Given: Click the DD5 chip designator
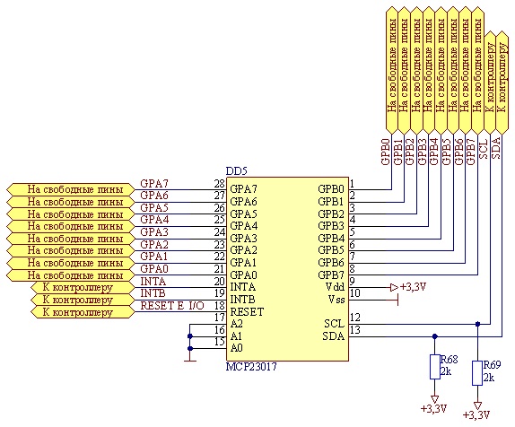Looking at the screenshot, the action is pos(237,171).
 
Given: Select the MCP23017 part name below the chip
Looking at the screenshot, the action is pos(251,366).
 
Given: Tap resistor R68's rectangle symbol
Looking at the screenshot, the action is pos(435,367).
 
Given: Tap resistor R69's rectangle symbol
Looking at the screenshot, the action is pos(477,373).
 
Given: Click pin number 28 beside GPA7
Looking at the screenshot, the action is pos(220,183).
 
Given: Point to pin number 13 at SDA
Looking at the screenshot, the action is pos(355,329).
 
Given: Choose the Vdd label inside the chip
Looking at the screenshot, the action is pos(335,287).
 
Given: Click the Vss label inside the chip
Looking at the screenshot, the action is pos(336,300).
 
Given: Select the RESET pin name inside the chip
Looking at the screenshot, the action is pos(247,311).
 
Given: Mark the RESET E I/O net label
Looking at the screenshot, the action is pos(172,306).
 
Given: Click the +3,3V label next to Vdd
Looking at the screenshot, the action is pos(414,287).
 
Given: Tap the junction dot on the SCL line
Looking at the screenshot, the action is pos(478,324).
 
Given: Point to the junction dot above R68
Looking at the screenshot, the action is pos(435,336).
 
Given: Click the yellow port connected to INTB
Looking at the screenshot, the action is pos(83,300).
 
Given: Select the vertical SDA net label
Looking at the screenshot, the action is pos(495,149).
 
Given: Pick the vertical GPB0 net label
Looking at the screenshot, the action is pos(386,152).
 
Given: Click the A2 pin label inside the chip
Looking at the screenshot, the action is pos(237,324).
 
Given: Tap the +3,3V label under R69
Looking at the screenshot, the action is pos(476,414).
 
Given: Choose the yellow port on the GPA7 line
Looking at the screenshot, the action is pos(71,189).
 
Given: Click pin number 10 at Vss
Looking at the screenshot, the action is pos(355,292).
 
